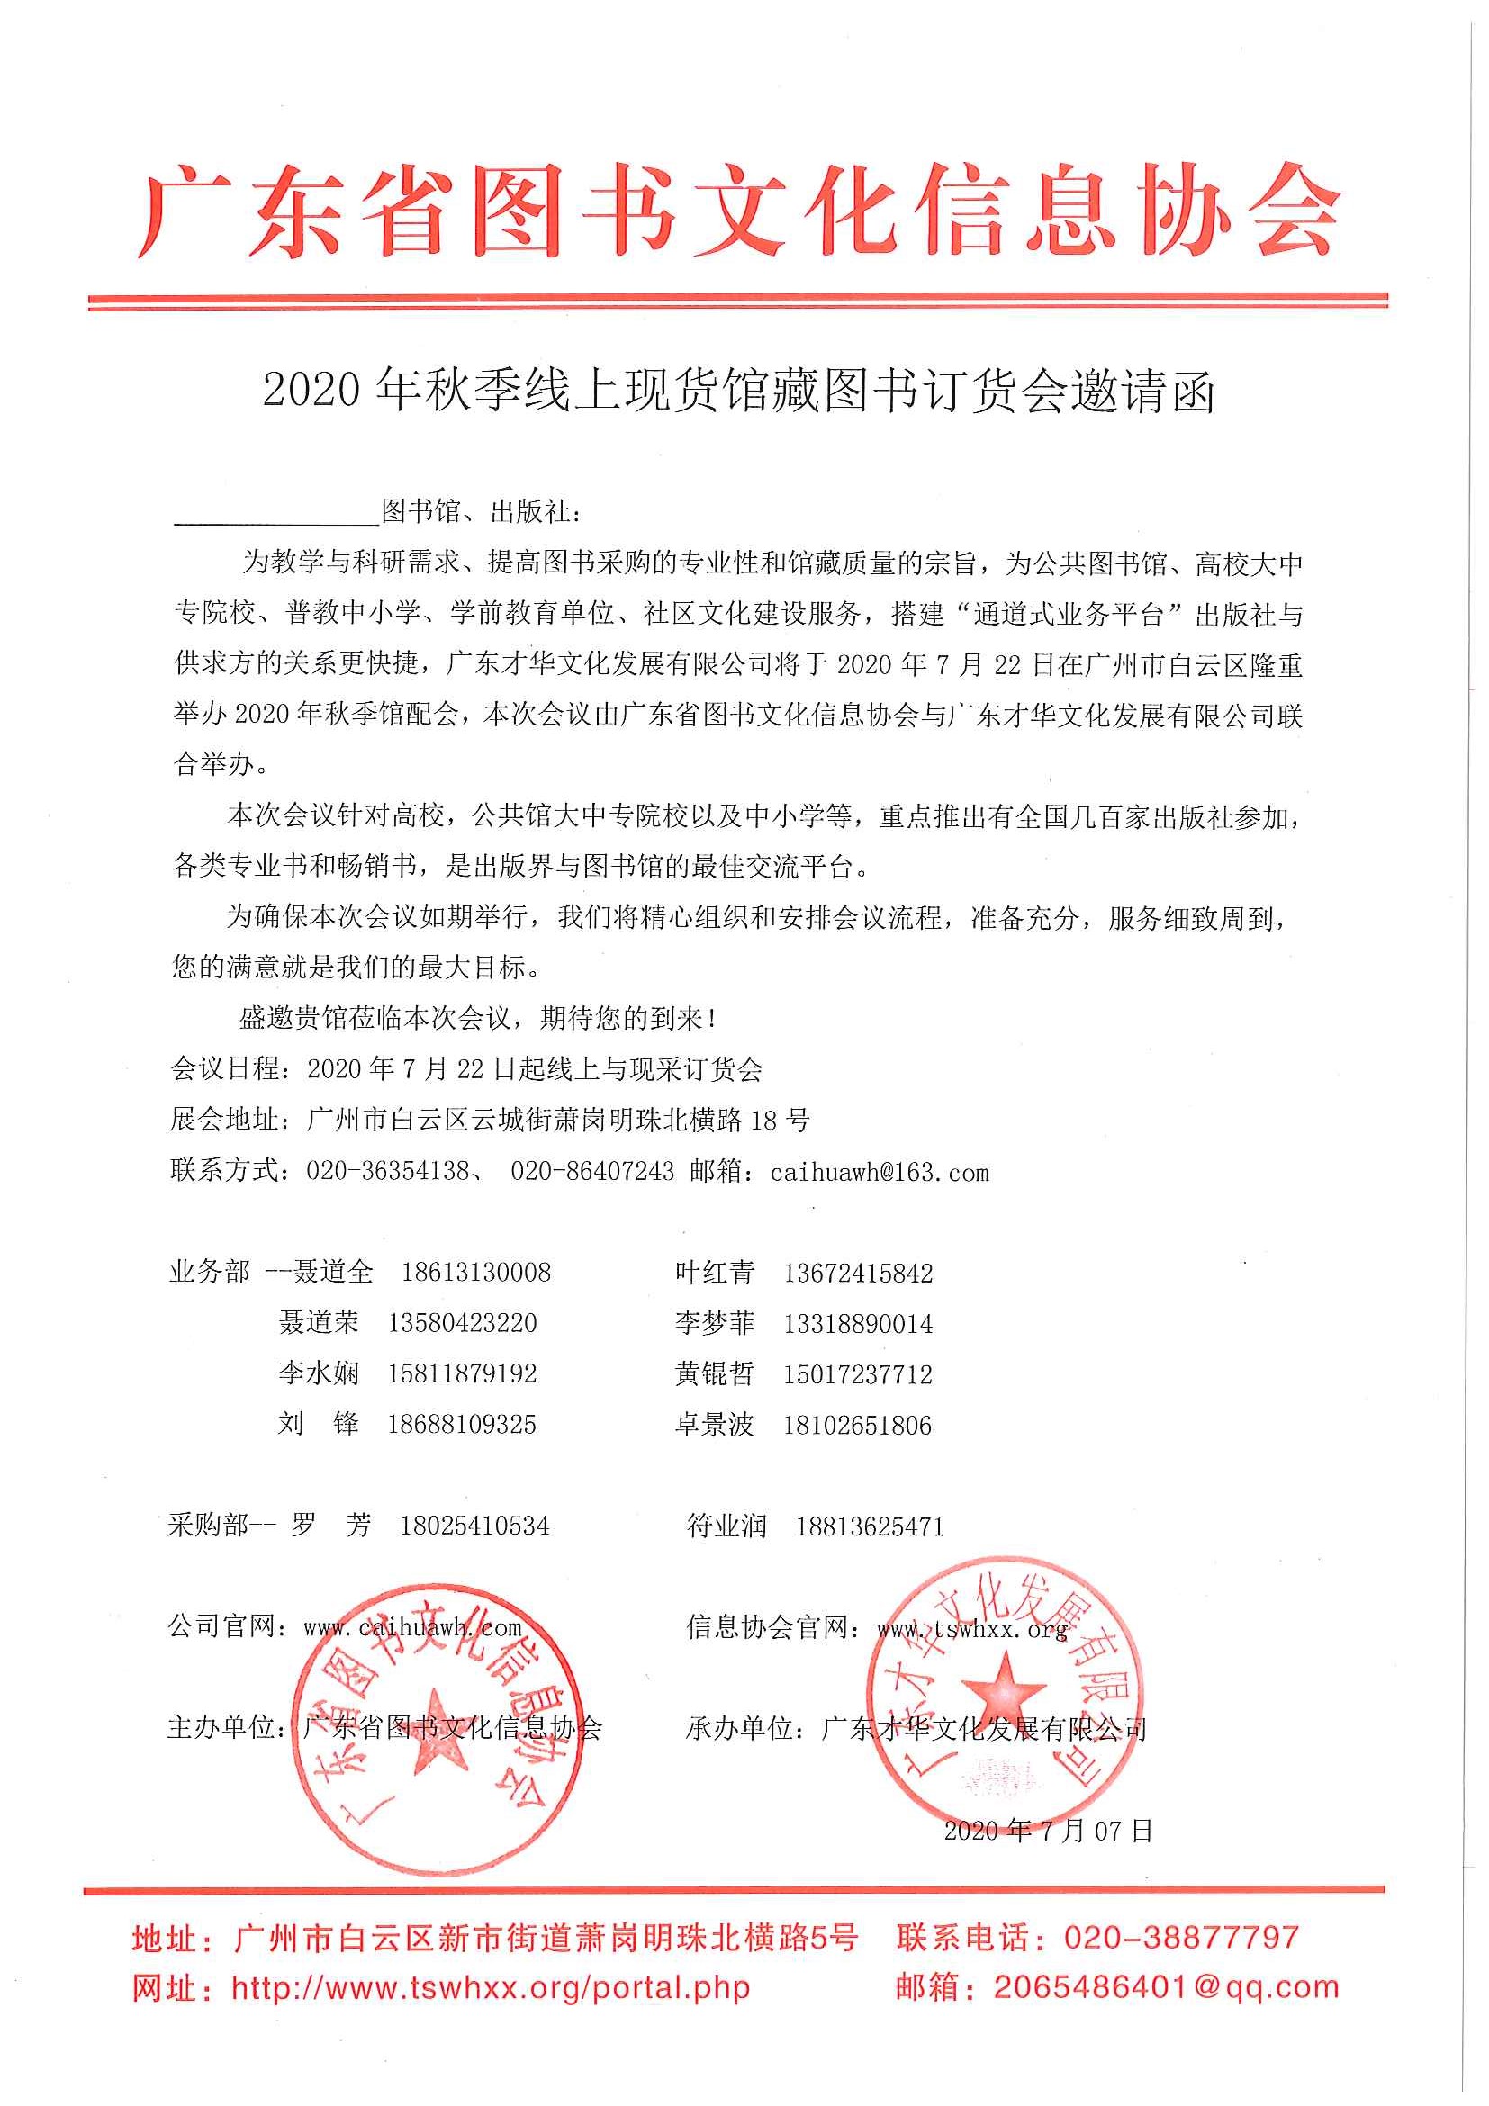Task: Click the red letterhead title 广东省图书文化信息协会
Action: (738, 211)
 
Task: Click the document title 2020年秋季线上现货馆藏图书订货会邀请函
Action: (738, 391)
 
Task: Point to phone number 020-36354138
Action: (387, 1171)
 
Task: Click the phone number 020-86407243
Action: (591, 1171)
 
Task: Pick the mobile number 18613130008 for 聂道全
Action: (476, 1273)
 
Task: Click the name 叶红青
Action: (715, 1273)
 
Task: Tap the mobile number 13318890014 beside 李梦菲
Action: (858, 1324)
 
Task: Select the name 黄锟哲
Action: (715, 1374)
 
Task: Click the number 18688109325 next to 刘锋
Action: (462, 1425)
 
